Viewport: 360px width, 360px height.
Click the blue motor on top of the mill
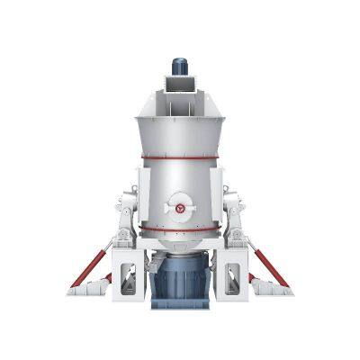[180, 66]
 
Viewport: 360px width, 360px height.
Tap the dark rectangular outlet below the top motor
[180, 85]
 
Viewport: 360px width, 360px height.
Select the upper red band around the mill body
[180, 158]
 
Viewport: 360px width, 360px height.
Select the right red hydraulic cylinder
[267, 267]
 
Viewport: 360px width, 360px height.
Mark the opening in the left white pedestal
[130, 278]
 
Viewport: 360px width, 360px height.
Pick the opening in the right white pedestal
[231, 278]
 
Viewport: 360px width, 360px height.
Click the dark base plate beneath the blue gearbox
[181, 305]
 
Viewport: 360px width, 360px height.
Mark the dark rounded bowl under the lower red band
[180, 245]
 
